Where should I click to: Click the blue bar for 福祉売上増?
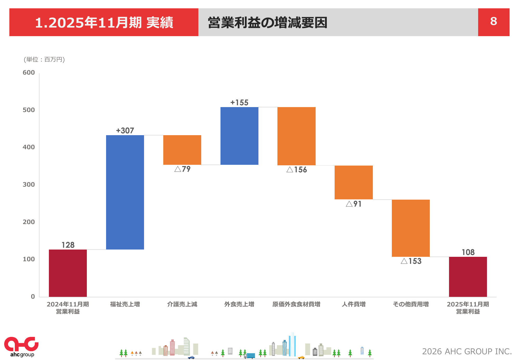(x=125, y=192)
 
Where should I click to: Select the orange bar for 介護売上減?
(x=182, y=150)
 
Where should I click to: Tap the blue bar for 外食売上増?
(x=239, y=136)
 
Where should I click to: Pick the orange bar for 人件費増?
(x=354, y=182)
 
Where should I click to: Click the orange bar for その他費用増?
(x=411, y=228)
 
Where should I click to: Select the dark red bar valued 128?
(x=68, y=273)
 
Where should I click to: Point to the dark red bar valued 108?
(x=468, y=277)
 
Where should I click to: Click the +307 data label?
(x=125, y=130)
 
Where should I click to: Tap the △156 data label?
(x=297, y=170)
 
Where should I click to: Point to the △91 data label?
(x=354, y=204)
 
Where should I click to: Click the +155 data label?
(x=239, y=102)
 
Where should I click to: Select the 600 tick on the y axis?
(x=29, y=73)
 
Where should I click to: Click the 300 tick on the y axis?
(x=29, y=185)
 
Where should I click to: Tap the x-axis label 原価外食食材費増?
(x=296, y=304)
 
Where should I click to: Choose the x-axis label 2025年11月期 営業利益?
(x=468, y=308)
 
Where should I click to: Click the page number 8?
(x=493, y=22)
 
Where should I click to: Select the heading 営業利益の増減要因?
(x=268, y=23)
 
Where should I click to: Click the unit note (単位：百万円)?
(x=44, y=60)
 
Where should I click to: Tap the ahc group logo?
(x=21, y=347)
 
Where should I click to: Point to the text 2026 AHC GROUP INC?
(x=467, y=351)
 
